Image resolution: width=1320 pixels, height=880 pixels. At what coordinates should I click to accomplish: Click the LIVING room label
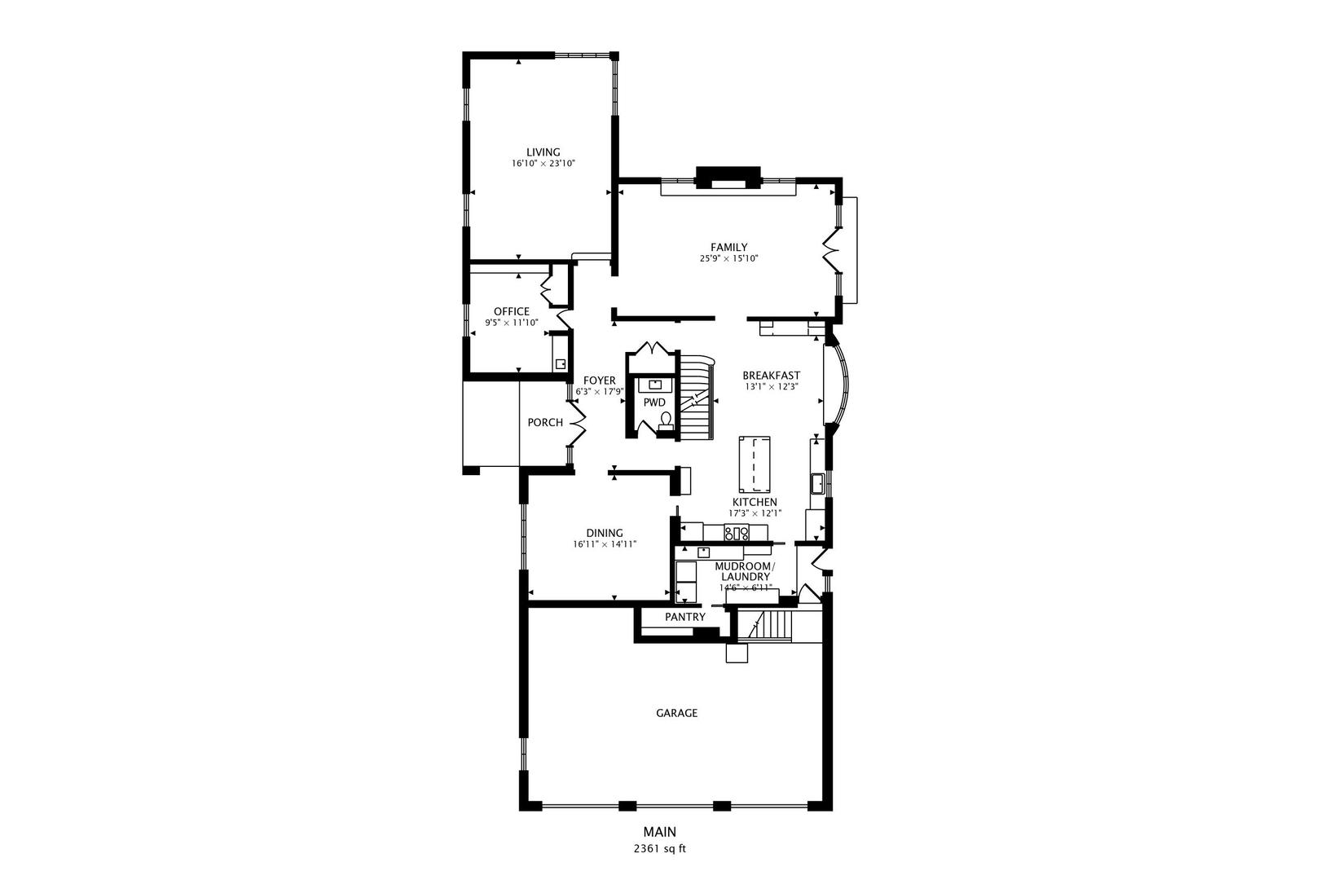pos(543,152)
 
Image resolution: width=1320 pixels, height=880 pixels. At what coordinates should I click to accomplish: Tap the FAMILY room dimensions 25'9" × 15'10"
pos(728,259)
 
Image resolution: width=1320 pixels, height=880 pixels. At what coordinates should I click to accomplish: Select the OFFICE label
pos(511,311)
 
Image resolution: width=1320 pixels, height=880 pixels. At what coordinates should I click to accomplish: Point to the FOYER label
pos(599,381)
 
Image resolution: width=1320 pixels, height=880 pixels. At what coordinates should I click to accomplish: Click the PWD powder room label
pos(654,403)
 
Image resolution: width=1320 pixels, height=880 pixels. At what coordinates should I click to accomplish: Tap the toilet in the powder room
pos(666,420)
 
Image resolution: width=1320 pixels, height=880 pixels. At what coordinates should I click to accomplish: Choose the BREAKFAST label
pos(771,376)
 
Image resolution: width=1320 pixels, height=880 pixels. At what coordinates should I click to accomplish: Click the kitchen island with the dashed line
pos(755,461)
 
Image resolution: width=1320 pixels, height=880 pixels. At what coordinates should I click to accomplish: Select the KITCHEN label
pos(755,502)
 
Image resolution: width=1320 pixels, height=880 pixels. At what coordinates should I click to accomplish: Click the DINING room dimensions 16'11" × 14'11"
pos(604,544)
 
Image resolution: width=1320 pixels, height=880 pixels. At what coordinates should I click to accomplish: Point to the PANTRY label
pos(684,617)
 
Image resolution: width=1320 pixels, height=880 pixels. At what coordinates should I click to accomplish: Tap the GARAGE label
pos(676,713)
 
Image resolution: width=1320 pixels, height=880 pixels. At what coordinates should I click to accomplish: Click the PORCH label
pos(545,422)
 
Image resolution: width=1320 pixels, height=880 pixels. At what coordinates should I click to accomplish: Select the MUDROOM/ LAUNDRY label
pos(745,571)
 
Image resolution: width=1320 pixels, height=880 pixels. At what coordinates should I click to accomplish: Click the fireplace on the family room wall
pos(728,178)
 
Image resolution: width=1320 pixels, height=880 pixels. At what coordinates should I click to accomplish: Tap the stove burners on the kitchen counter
pos(737,534)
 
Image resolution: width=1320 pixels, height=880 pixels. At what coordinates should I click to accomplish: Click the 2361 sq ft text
pos(660,848)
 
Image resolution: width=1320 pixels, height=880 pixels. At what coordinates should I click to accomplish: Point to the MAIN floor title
pos(659,832)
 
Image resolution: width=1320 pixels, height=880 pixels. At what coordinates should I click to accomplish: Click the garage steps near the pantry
pos(771,626)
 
